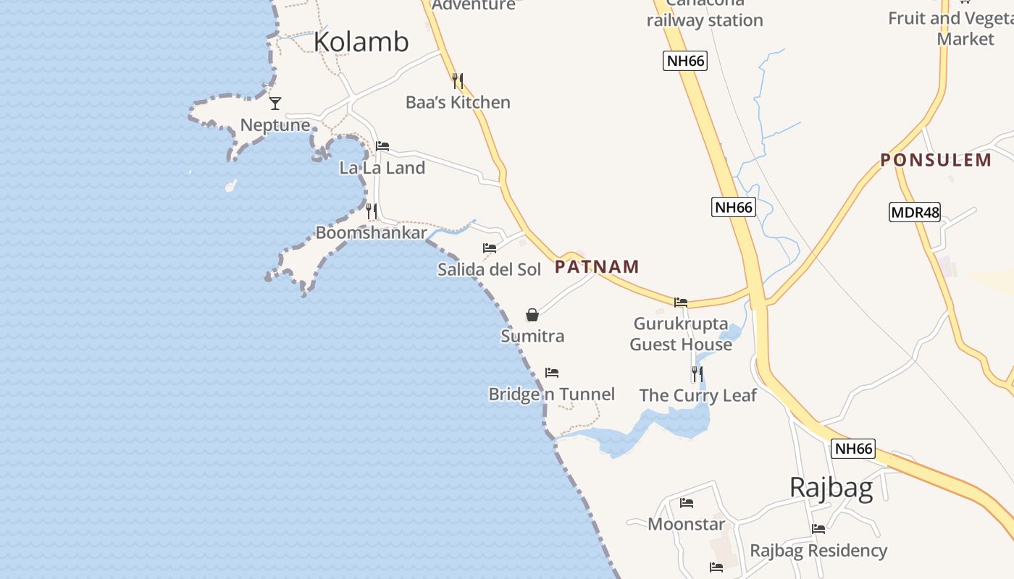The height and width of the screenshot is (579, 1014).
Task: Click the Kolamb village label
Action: [x=361, y=42]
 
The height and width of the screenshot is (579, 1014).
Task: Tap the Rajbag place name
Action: [x=831, y=488]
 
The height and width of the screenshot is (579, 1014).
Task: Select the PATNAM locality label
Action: [x=597, y=267]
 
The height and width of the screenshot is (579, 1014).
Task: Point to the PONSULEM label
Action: [x=936, y=160]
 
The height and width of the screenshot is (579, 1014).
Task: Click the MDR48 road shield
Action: [x=914, y=212]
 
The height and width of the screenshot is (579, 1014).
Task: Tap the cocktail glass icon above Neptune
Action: [x=275, y=103]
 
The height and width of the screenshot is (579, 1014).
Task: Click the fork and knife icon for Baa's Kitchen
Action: [x=457, y=80]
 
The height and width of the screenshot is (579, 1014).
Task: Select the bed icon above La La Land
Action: [x=382, y=146]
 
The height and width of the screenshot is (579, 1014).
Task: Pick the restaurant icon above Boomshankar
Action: [x=371, y=211]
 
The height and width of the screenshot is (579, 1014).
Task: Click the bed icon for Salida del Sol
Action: [x=490, y=248]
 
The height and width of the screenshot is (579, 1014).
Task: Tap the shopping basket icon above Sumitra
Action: [x=532, y=315]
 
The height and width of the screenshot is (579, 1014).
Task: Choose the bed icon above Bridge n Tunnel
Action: [x=552, y=373]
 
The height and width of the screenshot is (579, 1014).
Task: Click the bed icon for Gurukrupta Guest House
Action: [x=681, y=303]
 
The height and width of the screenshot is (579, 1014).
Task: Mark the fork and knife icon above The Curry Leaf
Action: [x=697, y=374]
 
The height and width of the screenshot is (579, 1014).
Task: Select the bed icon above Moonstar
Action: [x=687, y=503]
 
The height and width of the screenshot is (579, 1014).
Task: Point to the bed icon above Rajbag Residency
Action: [x=818, y=529]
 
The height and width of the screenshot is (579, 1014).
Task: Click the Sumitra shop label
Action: [x=532, y=336]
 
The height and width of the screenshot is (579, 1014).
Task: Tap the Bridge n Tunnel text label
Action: [x=551, y=394]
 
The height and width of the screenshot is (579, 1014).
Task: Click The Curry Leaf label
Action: [x=697, y=395]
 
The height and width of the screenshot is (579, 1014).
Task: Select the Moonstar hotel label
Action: [x=686, y=524]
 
